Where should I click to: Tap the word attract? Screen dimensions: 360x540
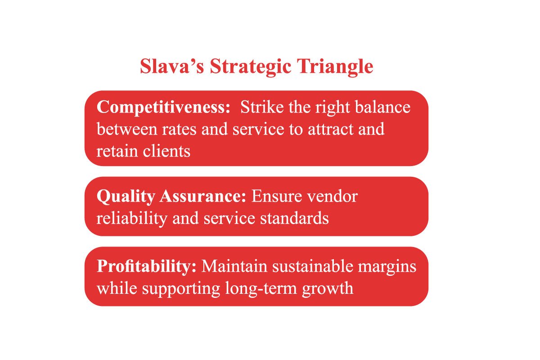[x=330, y=130]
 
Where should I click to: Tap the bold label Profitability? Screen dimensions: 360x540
[x=147, y=266]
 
